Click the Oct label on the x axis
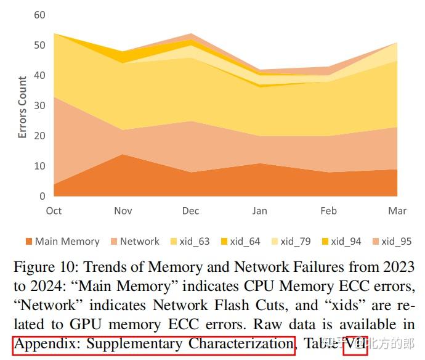coord(54,211)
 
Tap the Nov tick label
coord(123,211)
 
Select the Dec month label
coord(190,211)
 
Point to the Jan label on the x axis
coord(259,211)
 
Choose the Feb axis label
coord(328,211)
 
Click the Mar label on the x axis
coord(397,211)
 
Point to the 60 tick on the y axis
coord(39,15)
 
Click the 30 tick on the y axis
coord(39,105)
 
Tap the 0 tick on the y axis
coord(42,196)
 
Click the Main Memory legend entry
coord(62,242)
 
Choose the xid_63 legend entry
coord(189,242)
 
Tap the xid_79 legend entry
coord(290,242)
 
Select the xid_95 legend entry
coord(391,242)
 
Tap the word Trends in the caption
coord(105,267)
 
